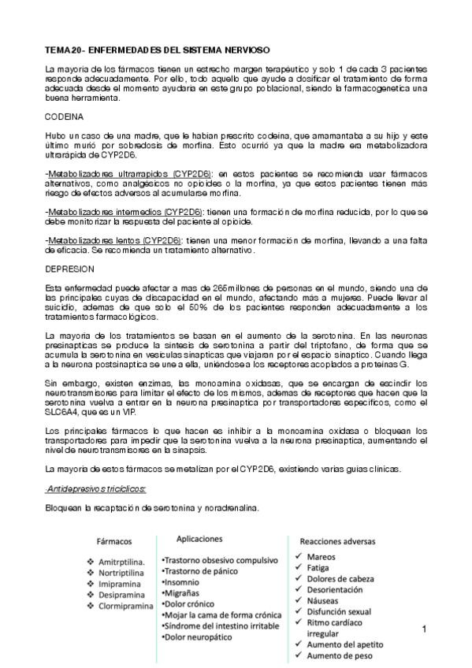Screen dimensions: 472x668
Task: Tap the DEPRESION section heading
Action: (x=71, y=268)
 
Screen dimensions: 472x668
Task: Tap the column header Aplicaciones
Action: (x=200, y=539)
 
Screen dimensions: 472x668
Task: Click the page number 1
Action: (x=424, y=629)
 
